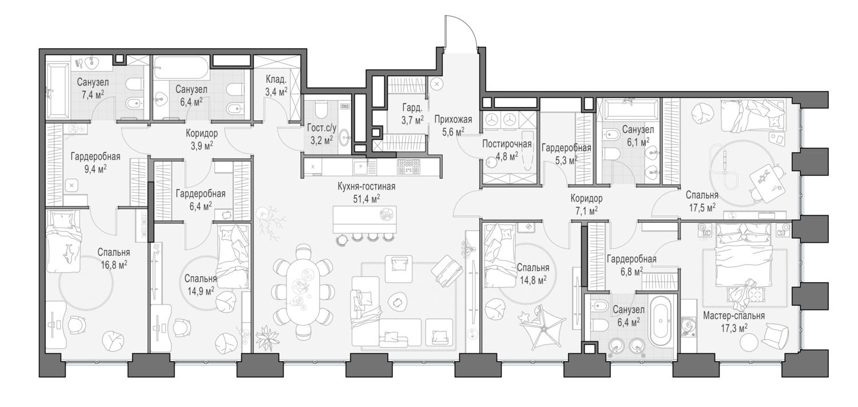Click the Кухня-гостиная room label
pyautogui.click(x=366, y=187)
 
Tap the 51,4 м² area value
pyautogui.click(x=366, y=199)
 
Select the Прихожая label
pyautogui.click(x=453, y=120)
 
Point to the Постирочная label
pyautogui.click(x=507, y=144)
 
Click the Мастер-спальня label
pyautogui.click(x=734, y=316)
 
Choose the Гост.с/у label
pyautogui.click(x=321, y=128)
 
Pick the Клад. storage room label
pyautogui.click(x=276, y=80)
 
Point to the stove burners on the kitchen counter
pyautogui.click(x=409, y=167)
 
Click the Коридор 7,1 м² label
pyautogui.click(x=586, y=204)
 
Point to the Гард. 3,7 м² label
pyautogui.click(x=412, y=113)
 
